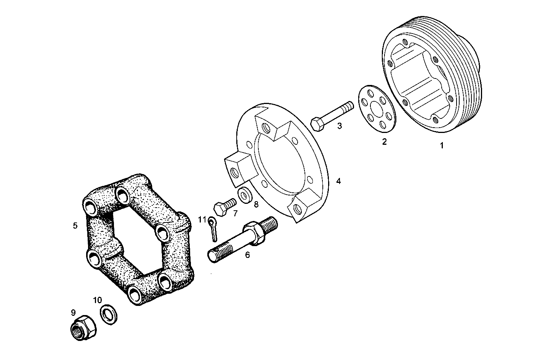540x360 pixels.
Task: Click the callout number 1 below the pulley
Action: pos(442,146)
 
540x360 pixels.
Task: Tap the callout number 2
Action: pos(384,142)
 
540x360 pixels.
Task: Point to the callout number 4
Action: pos(338,181)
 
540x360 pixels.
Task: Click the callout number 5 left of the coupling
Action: pos(75,226)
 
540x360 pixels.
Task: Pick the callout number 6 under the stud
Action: pos(247,255)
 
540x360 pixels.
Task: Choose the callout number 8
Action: pos(256,204)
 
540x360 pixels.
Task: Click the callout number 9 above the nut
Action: pos(73,312)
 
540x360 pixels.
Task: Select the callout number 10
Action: pos(98,301)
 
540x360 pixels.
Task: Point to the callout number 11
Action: pos(202,219)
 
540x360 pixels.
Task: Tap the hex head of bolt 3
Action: pos(317,124)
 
